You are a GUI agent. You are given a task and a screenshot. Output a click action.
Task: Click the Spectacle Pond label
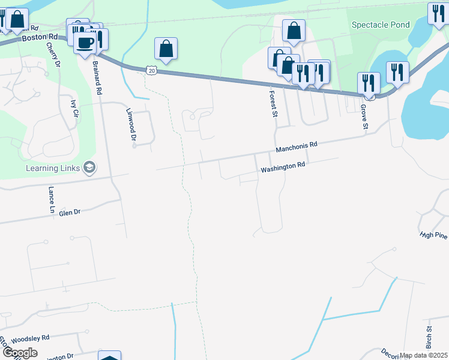point(381,25)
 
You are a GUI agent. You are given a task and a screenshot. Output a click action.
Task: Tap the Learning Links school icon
point(89,167)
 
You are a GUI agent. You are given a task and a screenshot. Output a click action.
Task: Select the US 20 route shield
point(151,70)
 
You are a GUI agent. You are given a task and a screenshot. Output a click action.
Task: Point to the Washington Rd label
point(283,166)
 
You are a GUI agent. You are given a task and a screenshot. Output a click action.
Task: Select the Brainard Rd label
point(97,76)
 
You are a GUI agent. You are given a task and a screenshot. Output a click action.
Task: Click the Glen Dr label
point(69,212)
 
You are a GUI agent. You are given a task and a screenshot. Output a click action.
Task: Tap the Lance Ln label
point(52,200)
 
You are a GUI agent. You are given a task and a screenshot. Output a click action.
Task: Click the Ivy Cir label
point(74,112)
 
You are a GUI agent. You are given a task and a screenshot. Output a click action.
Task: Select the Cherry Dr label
point(58,57)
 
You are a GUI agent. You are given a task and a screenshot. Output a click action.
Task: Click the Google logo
point(20,353)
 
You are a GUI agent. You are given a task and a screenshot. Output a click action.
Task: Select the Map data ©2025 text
point(423,355)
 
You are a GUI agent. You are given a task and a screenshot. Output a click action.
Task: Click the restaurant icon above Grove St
point(368,82)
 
